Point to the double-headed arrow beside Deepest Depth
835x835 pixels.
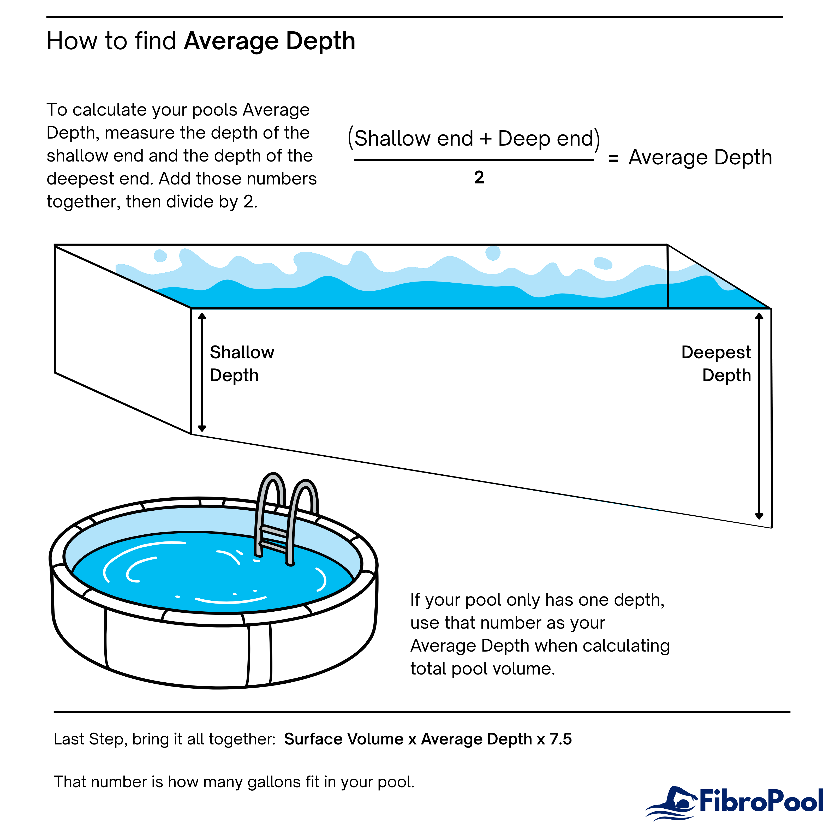(x=759, y=416)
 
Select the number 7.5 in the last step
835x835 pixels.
(x=560, y=739)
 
